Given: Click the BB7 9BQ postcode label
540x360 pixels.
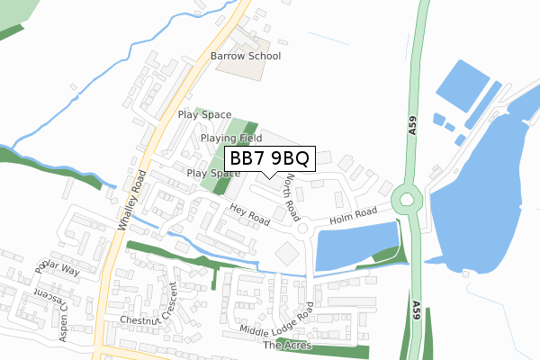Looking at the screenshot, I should click(265, 159).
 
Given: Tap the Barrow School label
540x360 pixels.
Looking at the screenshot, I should click(246, 56).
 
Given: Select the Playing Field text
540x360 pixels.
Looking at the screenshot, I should click(231, 139).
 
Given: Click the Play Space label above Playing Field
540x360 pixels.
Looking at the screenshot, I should click(205, 115).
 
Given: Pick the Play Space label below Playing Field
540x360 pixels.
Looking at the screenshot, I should click(212, 173).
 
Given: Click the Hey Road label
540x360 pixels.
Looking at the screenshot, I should click(249, 213).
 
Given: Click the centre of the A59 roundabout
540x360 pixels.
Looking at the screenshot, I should click(408, 197).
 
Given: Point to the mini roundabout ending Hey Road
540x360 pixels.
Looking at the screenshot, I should click(303, 229).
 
